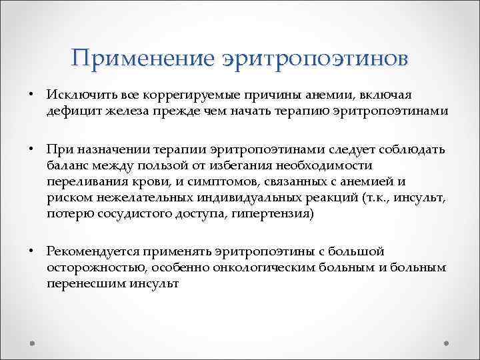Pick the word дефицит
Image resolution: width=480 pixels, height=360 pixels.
(x=70, y=111)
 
